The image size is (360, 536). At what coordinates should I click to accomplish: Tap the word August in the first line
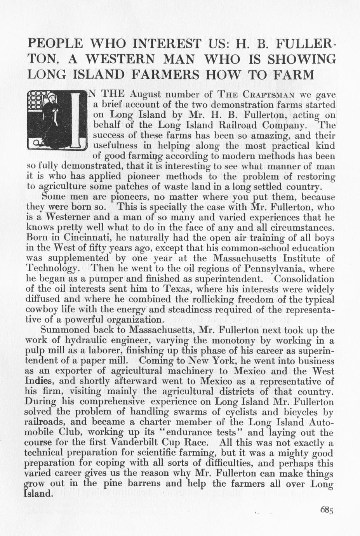(145, 94)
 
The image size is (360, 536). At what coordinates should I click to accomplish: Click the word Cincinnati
(82, 238)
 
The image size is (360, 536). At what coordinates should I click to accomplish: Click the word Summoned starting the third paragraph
(66, 330)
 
